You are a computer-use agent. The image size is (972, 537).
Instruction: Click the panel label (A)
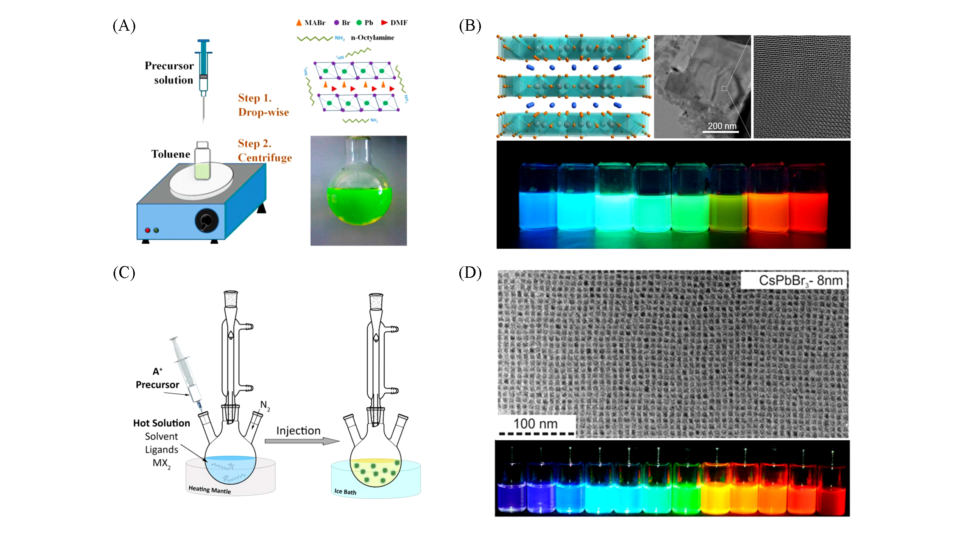tap(124, 26)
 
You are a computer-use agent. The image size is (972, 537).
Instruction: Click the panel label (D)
tap(470, 272)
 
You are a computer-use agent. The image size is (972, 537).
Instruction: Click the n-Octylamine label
tap(372, 38)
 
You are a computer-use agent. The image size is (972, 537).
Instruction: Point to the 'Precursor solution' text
tap(169, 73)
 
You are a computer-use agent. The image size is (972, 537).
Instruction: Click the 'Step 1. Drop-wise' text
tap(263, 105)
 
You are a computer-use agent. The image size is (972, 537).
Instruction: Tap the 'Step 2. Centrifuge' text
tap(265, 150)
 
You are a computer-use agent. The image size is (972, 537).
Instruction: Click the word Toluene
tap(171, 154)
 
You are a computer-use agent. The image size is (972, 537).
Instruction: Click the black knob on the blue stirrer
tap(206, 221)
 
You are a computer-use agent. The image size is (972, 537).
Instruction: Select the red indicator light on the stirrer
tap(148, 230)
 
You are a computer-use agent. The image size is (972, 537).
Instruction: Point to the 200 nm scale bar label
tap(722, 126)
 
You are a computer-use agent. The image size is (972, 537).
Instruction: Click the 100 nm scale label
tap(535, 424)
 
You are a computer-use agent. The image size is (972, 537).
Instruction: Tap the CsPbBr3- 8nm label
tap(800, 280)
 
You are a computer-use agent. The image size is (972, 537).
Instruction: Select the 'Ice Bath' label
tap(345, 492)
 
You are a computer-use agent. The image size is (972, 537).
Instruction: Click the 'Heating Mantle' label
tap(209, 490)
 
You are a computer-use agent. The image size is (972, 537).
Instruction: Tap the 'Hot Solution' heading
tap(161, 423)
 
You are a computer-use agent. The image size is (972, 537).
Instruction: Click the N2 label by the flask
tap(265, 405)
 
